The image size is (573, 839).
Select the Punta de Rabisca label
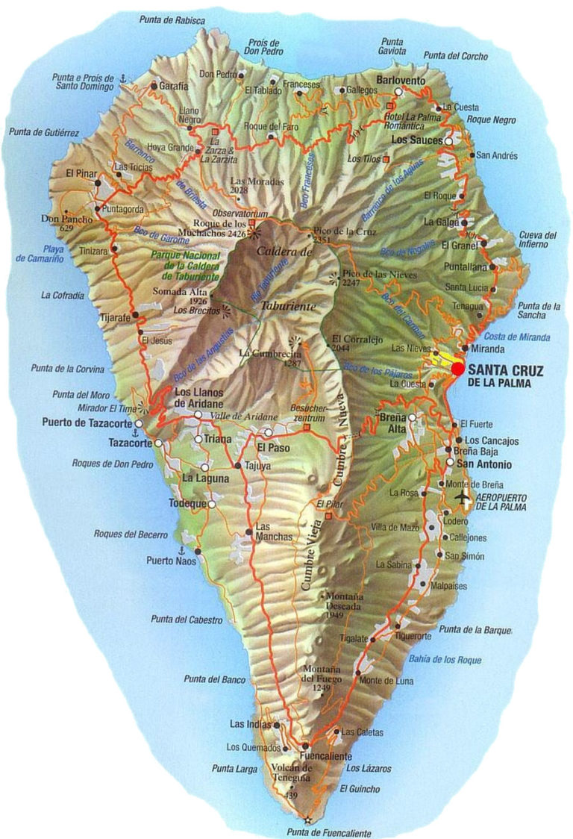[172, 21]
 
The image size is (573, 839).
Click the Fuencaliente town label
[326, 756]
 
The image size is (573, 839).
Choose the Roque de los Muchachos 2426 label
[210, 227]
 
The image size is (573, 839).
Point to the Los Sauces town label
[416, 140]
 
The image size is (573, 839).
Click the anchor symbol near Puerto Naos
[180, 549]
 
